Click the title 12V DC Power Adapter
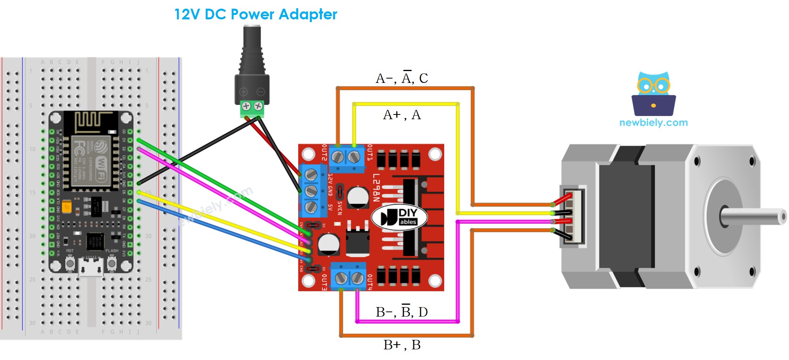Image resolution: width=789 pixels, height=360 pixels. pyautogui.click(x=256, y=15)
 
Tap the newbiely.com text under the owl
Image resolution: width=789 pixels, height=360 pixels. pyautogui.click(x=653, y=123)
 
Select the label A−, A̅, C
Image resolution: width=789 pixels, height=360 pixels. pyautogui.click(x=402, y=78)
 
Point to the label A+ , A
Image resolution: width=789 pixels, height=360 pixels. pyautogui.click(x=402, y=115)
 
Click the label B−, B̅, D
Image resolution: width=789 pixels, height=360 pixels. pyautogui.click(x=402, y=312)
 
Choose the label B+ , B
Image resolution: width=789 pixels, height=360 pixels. pyautogui.click(x=402, y=345)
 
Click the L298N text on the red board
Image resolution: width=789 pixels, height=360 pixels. pyautogui.click(x=376, y=187)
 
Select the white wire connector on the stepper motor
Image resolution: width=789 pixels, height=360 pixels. pyautogui.click(x=574, y=216)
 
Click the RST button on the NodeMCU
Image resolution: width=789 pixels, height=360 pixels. pyautogui.click(x=70, y=263)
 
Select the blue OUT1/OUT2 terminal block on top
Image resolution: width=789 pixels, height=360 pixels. pyautogui.click(x=346, y=158)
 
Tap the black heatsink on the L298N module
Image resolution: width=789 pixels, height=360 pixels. pyautogui.click(x=410, y=217)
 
